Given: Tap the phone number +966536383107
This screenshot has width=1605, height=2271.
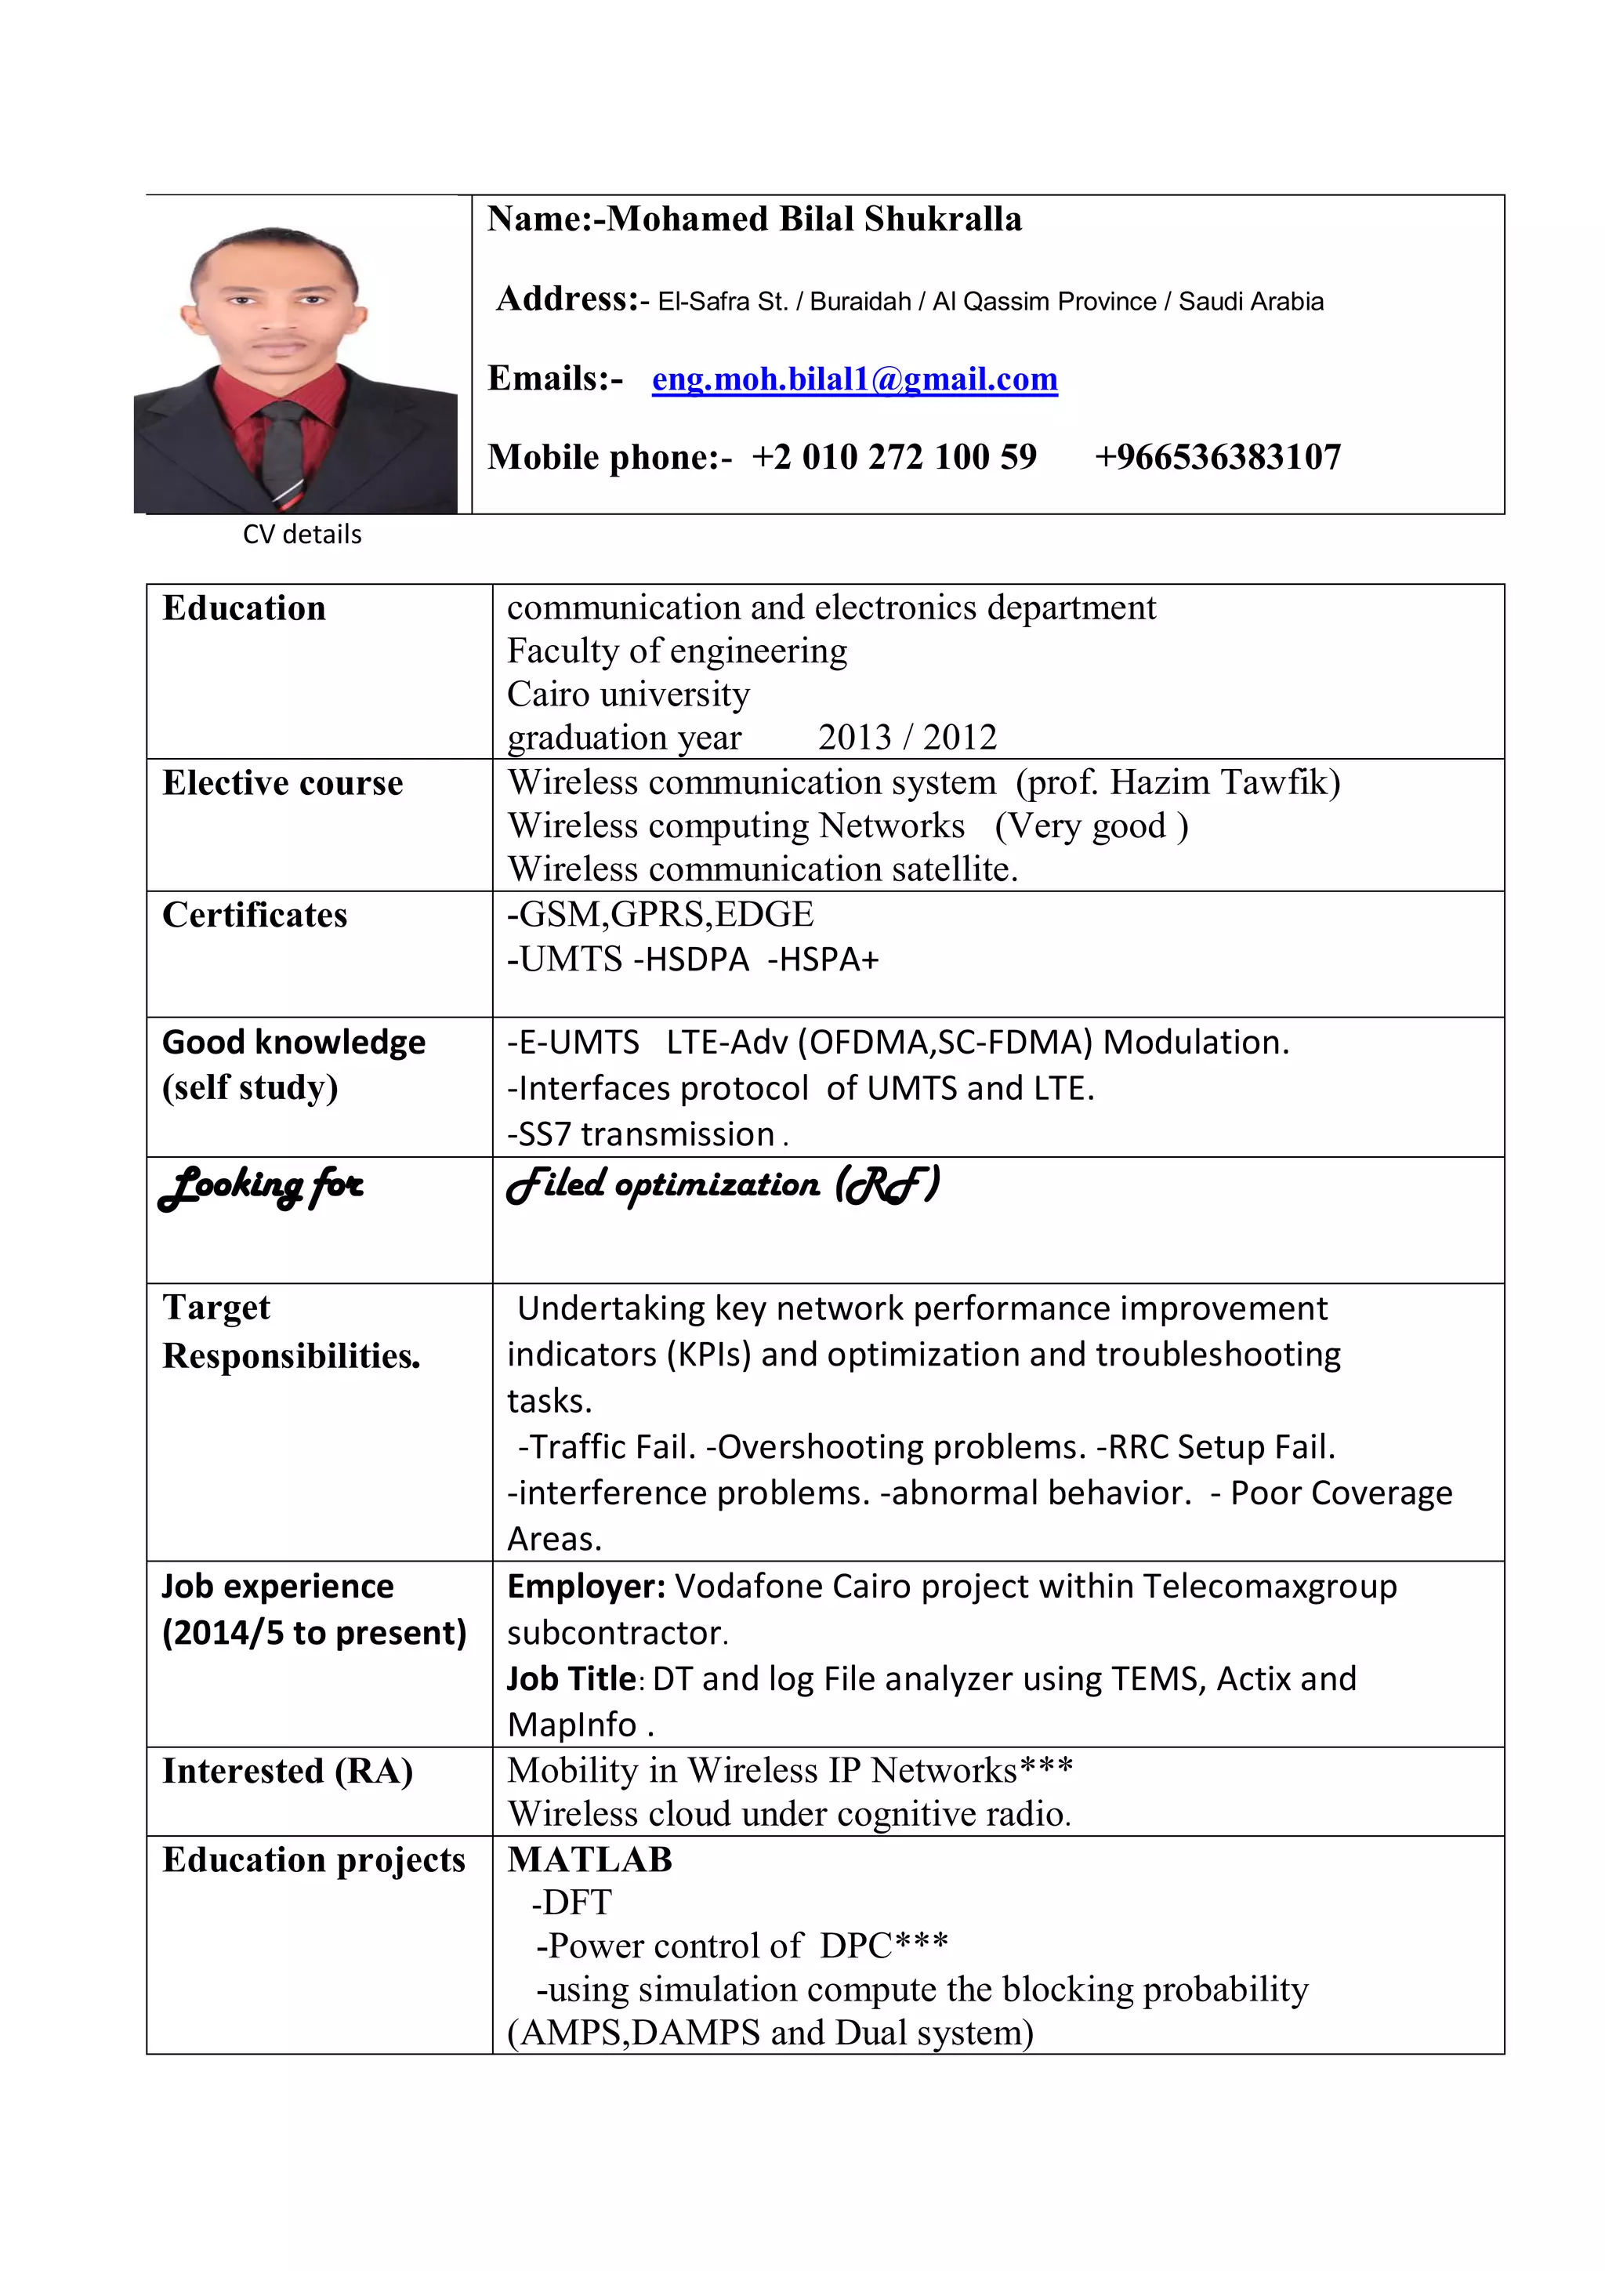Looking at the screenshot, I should point(1216,457).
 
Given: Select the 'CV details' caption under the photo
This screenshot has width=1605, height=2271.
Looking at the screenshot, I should point(302,534).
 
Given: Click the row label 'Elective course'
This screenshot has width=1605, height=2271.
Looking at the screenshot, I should point(282,783).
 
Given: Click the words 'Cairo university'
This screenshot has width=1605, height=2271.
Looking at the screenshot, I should point(628,695).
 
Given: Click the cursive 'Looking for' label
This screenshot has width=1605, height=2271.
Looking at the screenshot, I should point(261,1186).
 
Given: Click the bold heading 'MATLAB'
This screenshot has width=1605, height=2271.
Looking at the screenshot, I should point(589,1859).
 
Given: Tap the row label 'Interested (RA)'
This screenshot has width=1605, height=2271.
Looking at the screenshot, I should point(287,1771).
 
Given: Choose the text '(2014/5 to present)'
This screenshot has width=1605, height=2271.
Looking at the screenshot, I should point(313,1633).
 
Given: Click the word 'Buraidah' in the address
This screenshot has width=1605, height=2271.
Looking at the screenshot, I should point(860,302).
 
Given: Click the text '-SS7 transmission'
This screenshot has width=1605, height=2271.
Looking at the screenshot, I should point(641,1134).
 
